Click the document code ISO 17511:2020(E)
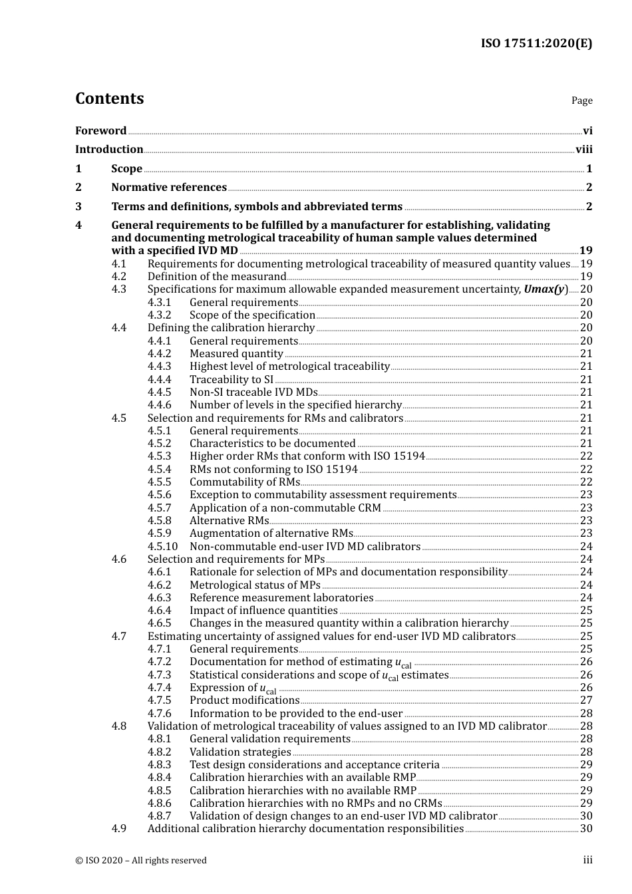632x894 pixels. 536,43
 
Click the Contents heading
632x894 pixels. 109,98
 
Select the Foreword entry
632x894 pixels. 100,130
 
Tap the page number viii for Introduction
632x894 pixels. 583,150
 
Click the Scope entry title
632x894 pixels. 126,169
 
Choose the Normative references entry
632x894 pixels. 169,188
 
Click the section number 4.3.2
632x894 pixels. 159,315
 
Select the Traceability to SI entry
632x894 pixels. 231,380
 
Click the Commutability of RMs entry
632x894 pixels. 244,482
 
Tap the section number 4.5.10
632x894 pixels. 162,547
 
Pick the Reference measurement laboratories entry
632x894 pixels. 281,598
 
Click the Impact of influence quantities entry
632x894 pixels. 263,611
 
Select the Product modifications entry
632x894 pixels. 244,700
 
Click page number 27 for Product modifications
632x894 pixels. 586,700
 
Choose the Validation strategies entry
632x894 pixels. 240,752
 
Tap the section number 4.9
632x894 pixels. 118,829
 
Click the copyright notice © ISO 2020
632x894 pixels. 141,860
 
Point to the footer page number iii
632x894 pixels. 587,860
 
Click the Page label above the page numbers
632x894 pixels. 581,100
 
